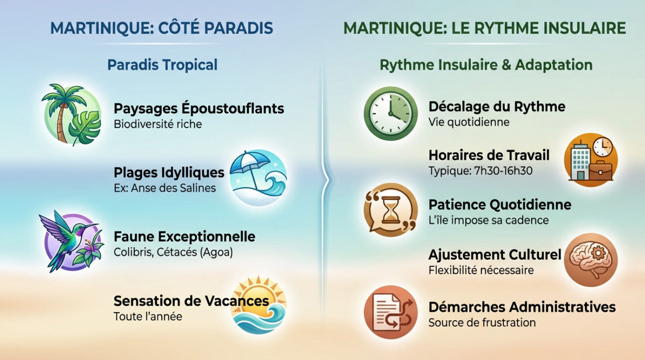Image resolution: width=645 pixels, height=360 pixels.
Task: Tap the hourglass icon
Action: [391, 210]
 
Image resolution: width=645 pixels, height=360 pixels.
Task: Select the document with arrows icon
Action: [391, 312]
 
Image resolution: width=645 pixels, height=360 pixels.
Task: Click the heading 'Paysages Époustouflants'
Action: [199, 108]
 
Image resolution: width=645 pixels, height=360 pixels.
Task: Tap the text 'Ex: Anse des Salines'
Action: [164, 188]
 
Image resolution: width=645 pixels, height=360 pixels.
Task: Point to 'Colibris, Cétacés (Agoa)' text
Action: [173, 252]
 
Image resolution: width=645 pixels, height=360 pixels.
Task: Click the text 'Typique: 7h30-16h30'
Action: [480, 171]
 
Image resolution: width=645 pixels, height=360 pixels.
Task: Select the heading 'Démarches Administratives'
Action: [522, 307]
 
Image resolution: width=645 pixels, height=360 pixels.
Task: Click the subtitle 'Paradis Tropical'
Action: [162, 65]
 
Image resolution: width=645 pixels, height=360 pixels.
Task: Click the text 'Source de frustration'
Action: [482, 322]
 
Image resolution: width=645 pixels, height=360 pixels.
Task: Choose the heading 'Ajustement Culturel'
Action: [494, 255]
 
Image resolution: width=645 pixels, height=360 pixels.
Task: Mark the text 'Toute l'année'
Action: [147, 317]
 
